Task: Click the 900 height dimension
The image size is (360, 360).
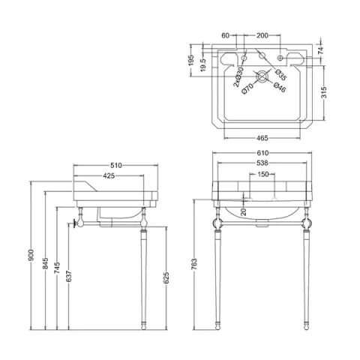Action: point(29,255)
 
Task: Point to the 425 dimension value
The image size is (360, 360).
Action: point(109,177)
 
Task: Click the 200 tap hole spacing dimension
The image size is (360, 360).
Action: point(262,35)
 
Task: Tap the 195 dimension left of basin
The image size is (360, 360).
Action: point(190,59)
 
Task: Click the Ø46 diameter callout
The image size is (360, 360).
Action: point(279,88)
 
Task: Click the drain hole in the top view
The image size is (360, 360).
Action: point(262,76)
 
